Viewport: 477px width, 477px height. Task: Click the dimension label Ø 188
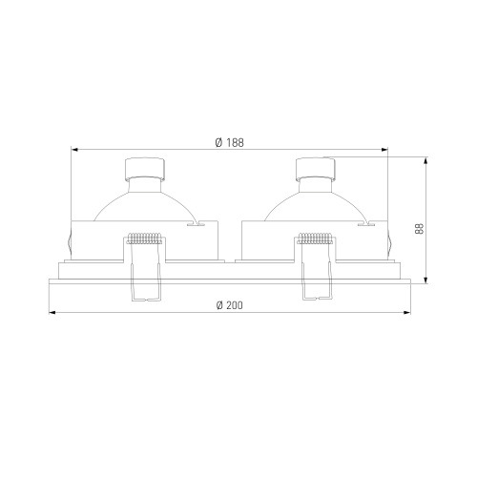click(229, 143)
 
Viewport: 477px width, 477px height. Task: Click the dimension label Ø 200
click(229, 305)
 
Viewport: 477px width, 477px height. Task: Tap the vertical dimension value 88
click(420, 229)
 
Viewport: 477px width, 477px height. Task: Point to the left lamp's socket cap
click(145, 169)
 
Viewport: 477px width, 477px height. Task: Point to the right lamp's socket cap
click(316, 169)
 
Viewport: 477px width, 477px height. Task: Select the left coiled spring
click(144, 238)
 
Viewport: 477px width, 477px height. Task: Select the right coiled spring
click(315, 238)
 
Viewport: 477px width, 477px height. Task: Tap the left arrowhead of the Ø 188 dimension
click(73, 149)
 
